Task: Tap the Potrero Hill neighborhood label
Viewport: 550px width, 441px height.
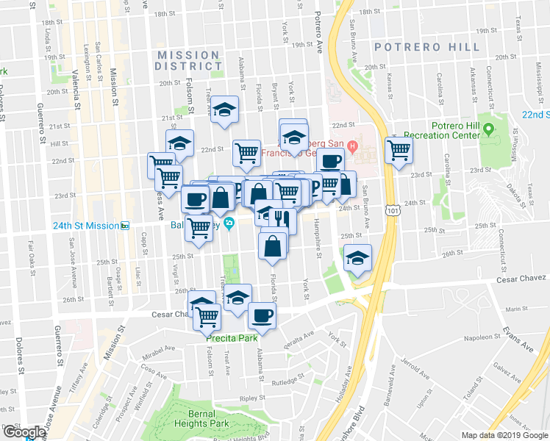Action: [426, 47]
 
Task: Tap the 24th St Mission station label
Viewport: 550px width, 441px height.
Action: [85, 225]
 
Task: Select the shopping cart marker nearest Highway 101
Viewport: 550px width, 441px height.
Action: [399, 151]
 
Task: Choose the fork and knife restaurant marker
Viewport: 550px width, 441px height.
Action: [283, 218]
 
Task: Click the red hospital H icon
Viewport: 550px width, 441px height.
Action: [353, 146]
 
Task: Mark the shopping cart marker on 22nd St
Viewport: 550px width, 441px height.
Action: [246, 153]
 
